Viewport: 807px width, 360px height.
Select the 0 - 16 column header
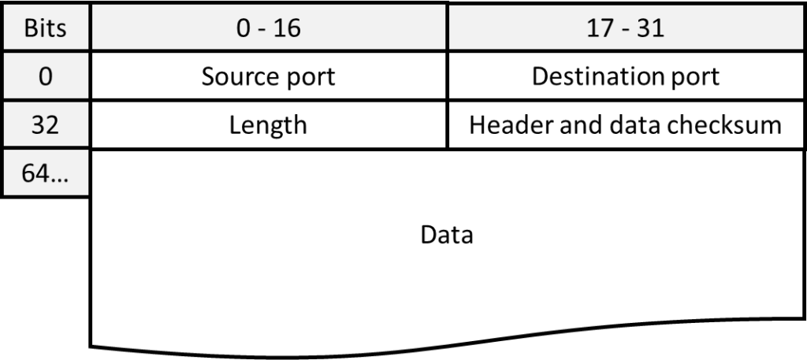click(x=268, y=29)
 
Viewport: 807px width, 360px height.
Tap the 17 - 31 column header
click(x=626, y=29)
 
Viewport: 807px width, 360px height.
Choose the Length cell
click(x=268, y=125)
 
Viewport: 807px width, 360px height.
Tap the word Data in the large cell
click(x=447, y=235)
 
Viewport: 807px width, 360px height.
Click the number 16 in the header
click(x=288, y=29)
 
